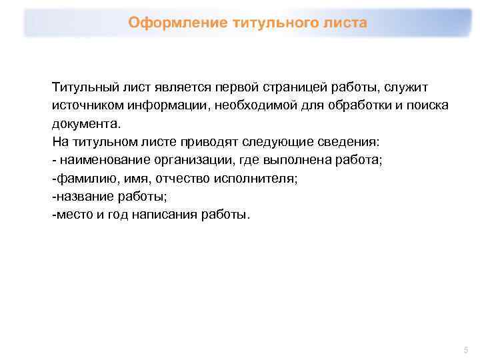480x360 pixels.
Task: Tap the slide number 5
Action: (466, 349)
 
